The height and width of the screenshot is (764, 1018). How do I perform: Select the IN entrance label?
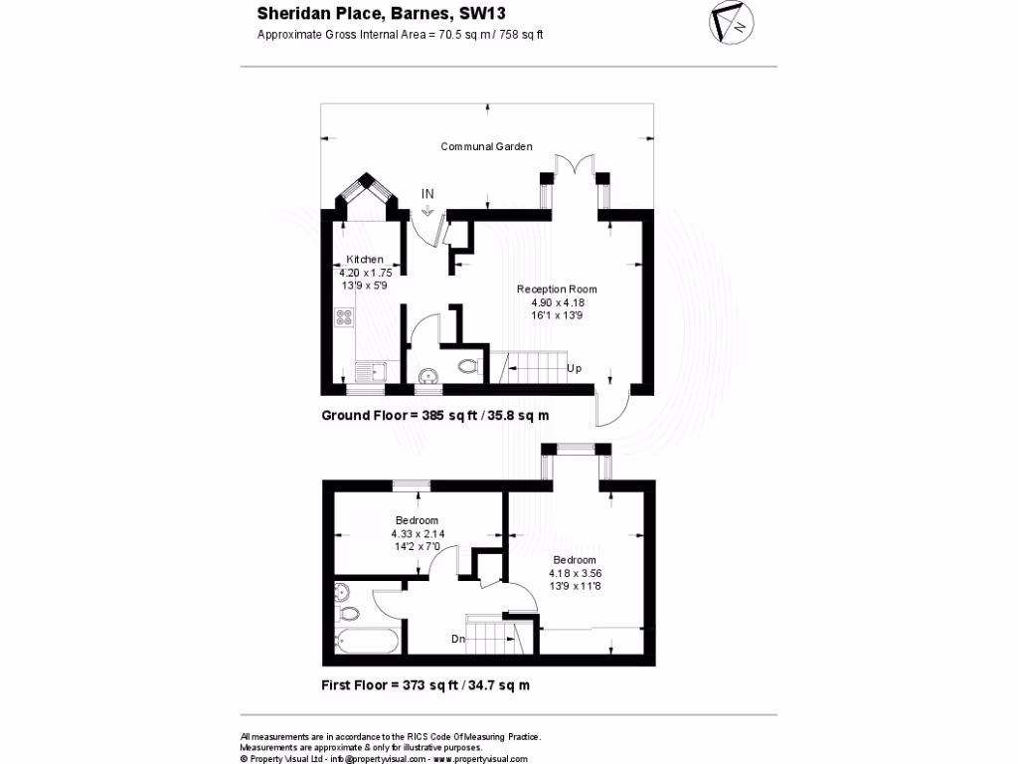(427, 193)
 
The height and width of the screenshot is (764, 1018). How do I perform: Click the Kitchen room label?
(364, 260)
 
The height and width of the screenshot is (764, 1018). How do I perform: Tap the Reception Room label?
(557, 289)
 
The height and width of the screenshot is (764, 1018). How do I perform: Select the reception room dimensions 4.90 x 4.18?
(557, 302)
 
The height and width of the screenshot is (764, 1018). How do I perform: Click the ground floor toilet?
(469, 367)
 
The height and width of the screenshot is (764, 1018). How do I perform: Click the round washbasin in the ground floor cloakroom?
(427, 376)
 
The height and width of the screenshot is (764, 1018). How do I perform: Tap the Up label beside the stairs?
(574, 369)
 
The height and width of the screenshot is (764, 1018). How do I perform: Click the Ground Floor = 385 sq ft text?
(434, 416)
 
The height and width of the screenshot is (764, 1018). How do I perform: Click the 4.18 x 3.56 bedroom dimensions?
(576, 573)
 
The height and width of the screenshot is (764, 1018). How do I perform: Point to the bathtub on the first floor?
(368, 640)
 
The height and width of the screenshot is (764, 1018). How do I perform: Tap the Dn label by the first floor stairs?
(458, 640)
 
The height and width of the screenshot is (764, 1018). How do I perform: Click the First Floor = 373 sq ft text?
(425, 685)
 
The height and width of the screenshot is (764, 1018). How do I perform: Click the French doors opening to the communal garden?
(575, 166)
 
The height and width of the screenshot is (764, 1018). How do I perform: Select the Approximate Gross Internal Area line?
(400, 35)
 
